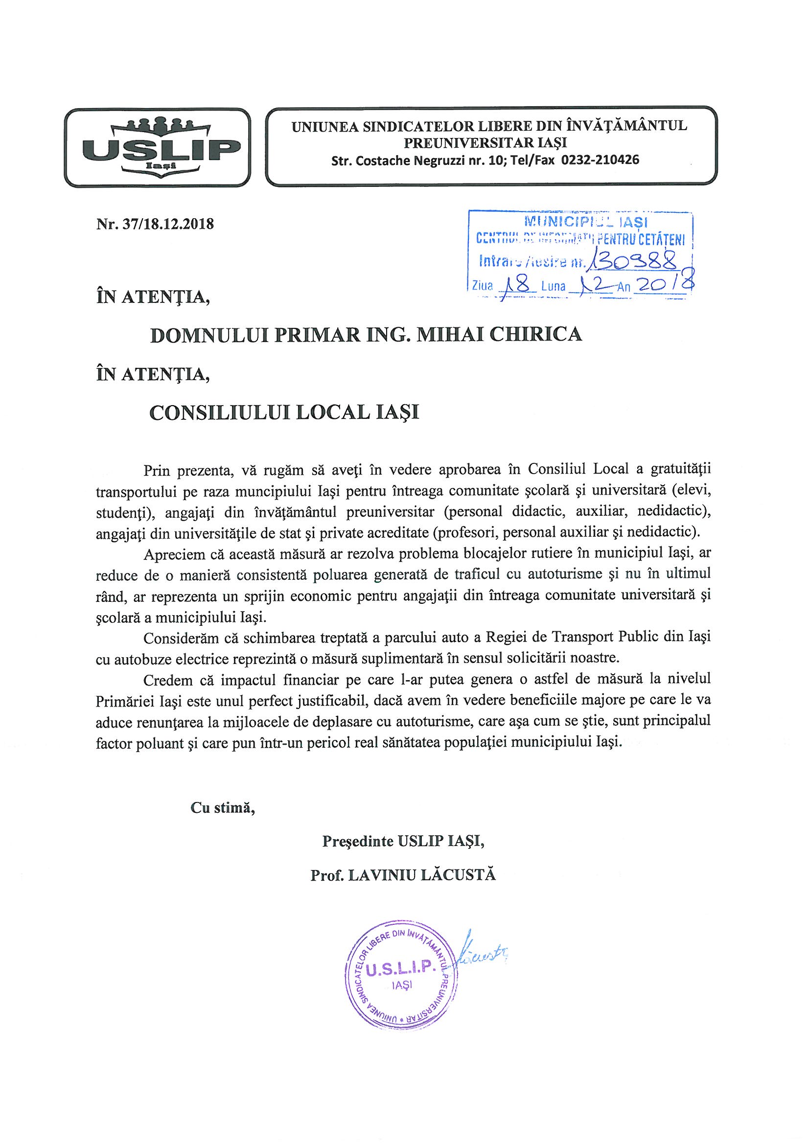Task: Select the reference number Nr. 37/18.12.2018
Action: (x=155, y=224)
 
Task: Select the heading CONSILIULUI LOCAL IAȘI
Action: (x=284, y=412)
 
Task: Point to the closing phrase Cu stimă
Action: (x=223, y=808)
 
